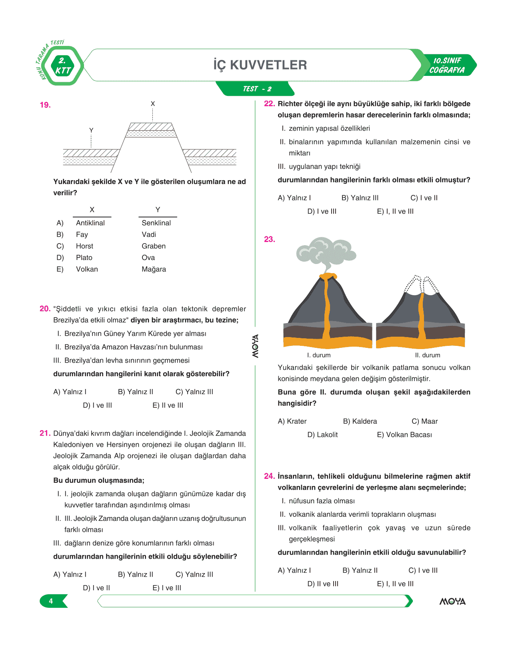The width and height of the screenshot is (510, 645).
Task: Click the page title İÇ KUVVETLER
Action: tap(260, 65)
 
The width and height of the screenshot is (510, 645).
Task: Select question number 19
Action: tap(45, 105)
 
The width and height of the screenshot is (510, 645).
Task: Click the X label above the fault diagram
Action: tap(153, 104)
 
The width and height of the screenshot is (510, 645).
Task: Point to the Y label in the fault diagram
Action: tap(91, 131)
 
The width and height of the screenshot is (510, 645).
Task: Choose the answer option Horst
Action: tap(84, 246)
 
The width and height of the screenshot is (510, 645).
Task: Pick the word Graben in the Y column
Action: tap(154, 246)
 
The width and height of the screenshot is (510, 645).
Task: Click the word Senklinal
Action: tap(156, 223)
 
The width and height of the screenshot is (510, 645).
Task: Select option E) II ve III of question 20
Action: tap(168, 405)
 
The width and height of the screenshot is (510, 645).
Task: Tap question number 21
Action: tap(45, 433)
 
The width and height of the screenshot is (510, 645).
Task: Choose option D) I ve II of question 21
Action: tap(96, 588)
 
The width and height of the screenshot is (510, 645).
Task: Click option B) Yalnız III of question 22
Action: tap(360, 198)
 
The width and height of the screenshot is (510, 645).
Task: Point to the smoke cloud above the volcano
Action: tap(326, 252)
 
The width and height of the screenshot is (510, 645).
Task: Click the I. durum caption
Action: tap(319, 355)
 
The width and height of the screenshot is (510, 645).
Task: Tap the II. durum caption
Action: tap(427, 355)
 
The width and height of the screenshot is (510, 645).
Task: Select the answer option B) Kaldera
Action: tap(360, 421)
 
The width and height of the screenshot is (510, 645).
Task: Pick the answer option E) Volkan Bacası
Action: tap(404, 435)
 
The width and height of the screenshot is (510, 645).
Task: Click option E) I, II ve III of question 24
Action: tap(395, 584)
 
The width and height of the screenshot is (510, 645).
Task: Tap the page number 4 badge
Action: tap(51, 601)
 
